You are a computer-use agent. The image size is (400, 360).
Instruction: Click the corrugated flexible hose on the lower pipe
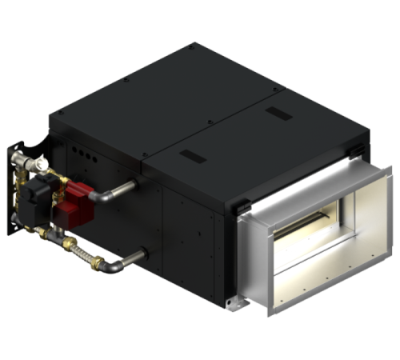[81, 254]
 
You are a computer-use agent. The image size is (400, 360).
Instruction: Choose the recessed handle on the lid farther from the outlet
[193, 154]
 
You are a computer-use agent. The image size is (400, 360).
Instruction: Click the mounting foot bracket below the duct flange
[234, 304]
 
